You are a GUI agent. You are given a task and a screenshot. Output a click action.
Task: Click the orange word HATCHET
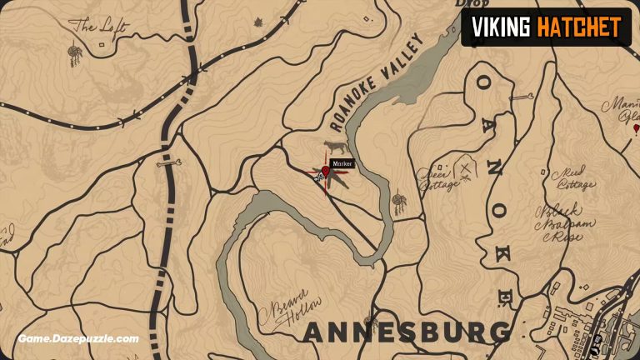pos(578,27)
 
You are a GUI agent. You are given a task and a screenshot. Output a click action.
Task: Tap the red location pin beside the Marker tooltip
pos(326,172)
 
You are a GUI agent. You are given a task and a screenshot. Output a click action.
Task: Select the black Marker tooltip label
pos(343,164)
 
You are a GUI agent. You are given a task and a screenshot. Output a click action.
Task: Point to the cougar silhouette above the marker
pos(335,147)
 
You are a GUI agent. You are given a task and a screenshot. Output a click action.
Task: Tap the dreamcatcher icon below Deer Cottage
pos(401,203)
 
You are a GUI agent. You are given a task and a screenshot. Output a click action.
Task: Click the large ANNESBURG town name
pos(407,332)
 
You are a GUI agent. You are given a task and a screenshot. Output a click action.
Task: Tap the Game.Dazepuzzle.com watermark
pos(79,339)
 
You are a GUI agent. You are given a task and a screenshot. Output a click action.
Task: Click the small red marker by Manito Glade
pos(635,129)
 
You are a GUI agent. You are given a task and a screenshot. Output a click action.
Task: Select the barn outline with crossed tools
pos(466,170)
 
